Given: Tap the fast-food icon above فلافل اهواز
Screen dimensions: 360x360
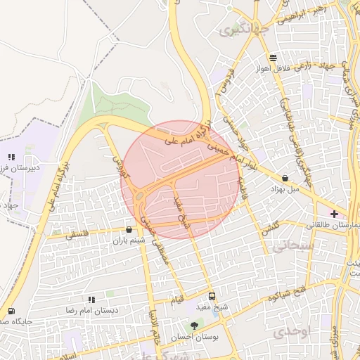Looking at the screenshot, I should click(x=273, y=58).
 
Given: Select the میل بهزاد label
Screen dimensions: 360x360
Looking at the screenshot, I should click(x=285, y=189).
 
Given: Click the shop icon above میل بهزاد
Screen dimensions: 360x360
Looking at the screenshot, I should click(x=285, y=179).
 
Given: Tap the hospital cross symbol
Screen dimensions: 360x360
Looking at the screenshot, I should click(x=334, y=213).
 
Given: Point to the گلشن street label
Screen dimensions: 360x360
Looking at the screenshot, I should click(x=270, y=229).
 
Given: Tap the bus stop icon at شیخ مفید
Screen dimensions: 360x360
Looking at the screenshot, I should click(x=212, y=296).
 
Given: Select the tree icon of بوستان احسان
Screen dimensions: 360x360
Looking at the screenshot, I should click(x=195, y=325).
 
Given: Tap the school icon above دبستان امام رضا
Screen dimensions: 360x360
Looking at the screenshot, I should click(x=91, y=300).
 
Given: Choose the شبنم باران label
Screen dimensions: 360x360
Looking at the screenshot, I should click(x=128, y=240).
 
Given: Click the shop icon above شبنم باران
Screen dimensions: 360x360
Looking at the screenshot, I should click(x=129, y=229).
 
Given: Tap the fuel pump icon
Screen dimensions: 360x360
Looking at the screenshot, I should click(x=11, y=311).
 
